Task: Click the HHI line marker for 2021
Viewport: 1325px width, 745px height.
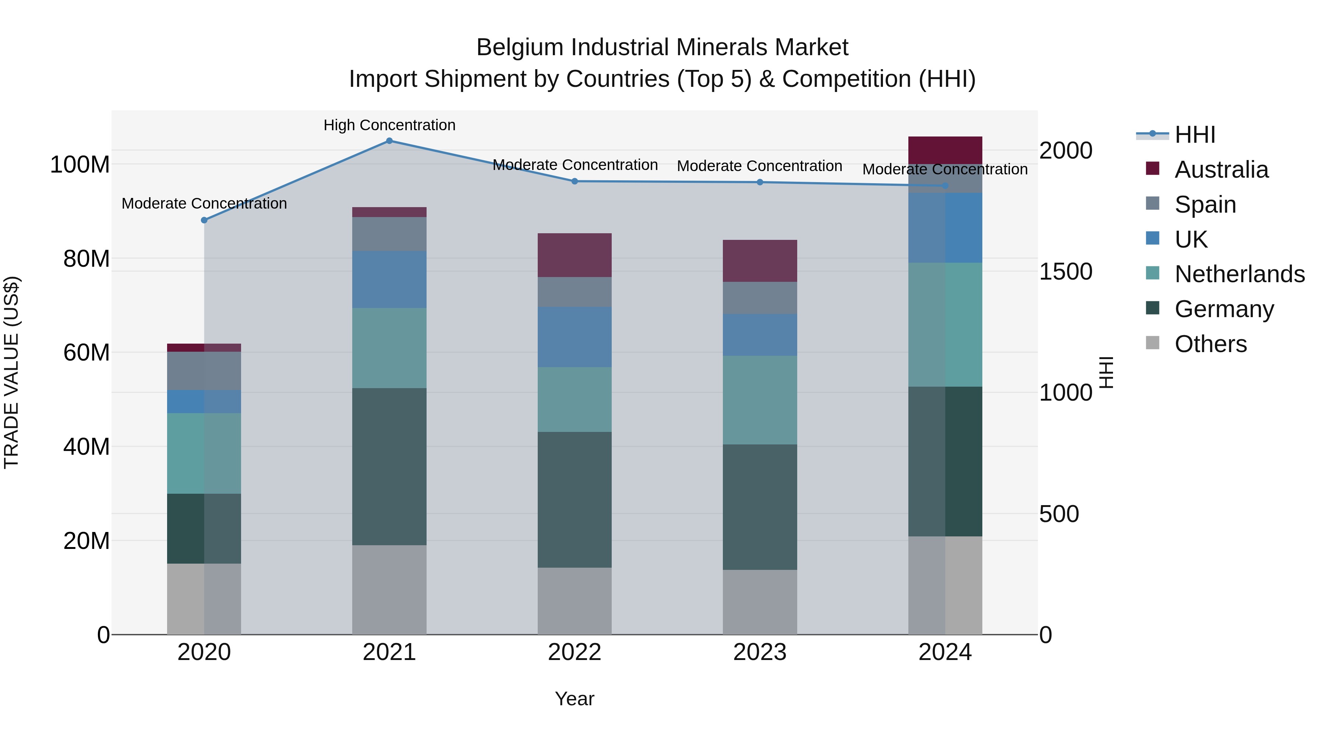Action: pos(389,141)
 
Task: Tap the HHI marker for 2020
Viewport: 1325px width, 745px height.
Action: pos(204,220)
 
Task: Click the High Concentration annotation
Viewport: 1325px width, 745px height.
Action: pos(389,125)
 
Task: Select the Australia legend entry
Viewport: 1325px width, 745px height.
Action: pos(1221,170)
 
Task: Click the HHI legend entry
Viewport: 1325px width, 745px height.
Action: pos(1195,135)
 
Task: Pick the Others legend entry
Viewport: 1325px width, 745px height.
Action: pos(1210,344)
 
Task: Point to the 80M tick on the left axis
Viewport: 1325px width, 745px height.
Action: pos(86,259)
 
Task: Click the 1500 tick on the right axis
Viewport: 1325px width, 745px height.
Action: pos(1065,272)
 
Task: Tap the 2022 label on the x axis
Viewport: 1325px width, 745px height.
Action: pos(575,652)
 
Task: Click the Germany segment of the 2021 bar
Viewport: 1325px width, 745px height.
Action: pos(389,466)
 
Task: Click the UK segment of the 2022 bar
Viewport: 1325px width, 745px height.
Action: pos(575,337)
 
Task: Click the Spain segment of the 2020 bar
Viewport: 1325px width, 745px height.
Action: pos(204,371)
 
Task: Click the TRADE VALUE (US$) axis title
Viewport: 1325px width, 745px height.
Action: pos(11,372)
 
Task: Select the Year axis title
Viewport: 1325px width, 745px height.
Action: pos(575,699)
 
